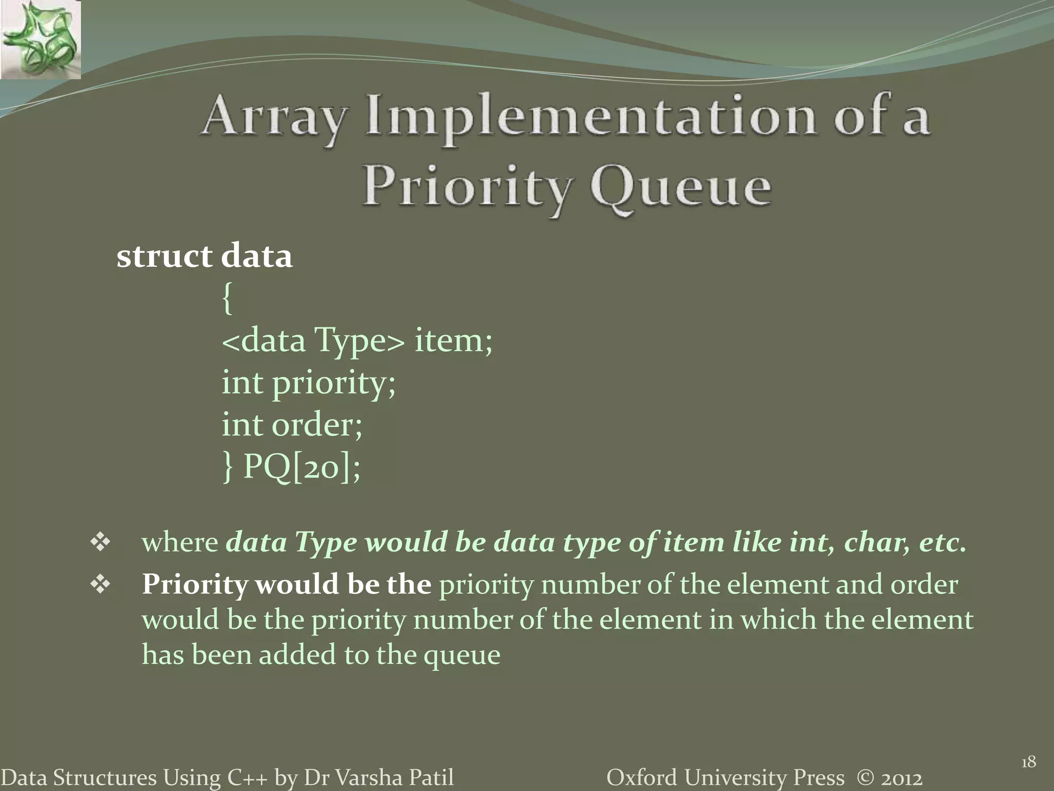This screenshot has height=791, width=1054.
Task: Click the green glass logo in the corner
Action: (x=40, y=40)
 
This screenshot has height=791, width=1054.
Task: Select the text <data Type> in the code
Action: (x=313, y=341)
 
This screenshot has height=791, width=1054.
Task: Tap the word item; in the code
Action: (x=453, y=341)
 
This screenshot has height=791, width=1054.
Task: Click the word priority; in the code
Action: (x=334, y=384)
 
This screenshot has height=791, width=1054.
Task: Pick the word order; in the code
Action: (x=317, y=425)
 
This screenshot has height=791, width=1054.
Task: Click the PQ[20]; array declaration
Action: (x=302, y=467)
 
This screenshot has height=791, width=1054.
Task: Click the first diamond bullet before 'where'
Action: (x=100, y=543)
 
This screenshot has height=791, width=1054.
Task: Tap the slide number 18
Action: (x=1028, y=762)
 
